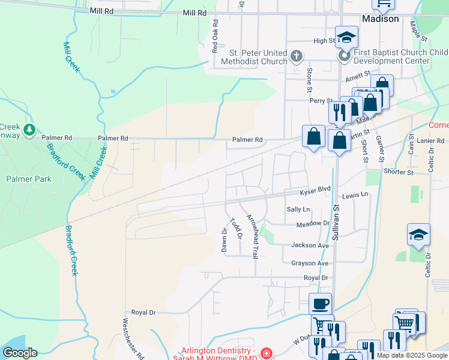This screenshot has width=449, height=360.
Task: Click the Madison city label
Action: pyautogui.click(x=380, y=19)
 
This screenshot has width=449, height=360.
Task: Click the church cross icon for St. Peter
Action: pyautogui.click(x=296, y=57)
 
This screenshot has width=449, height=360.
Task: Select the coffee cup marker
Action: pyautogui.click(x=320, y=303)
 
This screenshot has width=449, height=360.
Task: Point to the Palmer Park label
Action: pyautogui.click(x=29, y=179)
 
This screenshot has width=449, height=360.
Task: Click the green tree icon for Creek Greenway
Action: pyautogui.click(x=29, y=130)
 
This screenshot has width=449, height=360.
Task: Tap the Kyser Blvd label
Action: pyautogui.click(x=316, y=190)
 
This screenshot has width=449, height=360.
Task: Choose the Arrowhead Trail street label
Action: pyautogui.click(x=255, y=235)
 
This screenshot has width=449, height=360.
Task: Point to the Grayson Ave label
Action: pyautogui.click(x=310, y=263)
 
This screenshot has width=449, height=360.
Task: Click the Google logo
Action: pyautogui.click(x=19, y=353)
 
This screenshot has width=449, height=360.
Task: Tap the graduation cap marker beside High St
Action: pyautogui.click(x=346, y=37)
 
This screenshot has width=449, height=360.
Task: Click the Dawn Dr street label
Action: pyautogui.click(x=224, y=239)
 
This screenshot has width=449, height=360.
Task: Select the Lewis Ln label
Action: pyautogui.click(x=355, y=196)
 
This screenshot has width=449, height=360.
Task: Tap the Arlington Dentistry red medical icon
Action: pyautogui.click(x=265, y=355)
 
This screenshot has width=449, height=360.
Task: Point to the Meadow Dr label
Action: pyautogui.click(x=313, y=224)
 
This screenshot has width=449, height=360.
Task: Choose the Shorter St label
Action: pyautogui.click(x=399, y=172)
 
